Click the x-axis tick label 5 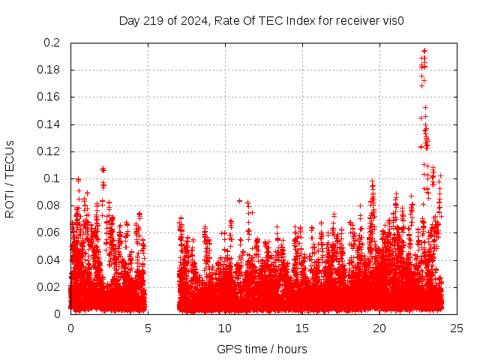148,328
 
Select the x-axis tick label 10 225,328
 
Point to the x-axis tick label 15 302,328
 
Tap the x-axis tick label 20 379,328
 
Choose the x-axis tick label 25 457,328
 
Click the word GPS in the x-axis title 227,349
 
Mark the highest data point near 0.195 424,50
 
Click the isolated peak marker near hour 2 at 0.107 103,169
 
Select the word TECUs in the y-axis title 10,158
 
